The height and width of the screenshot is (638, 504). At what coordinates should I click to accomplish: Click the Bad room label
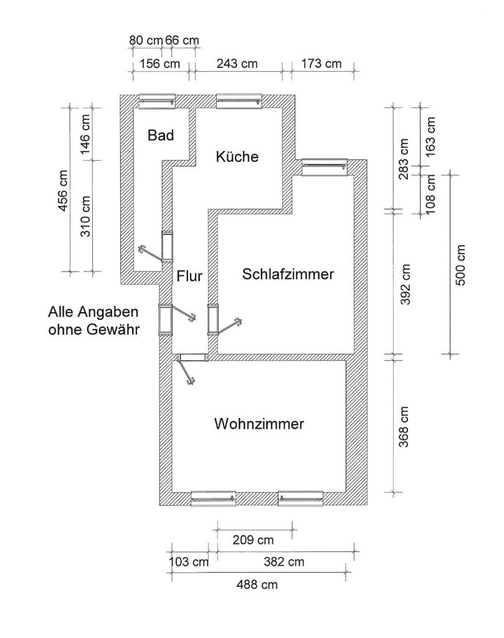[x=161, y=135]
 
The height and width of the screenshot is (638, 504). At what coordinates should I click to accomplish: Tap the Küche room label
[x=237, y=156]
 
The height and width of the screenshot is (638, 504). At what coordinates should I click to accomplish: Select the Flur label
[x=189, y=275]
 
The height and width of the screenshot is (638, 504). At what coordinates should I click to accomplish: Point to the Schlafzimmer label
[x=288, y=274]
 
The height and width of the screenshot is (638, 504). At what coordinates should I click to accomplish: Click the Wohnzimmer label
[x=259, y=424]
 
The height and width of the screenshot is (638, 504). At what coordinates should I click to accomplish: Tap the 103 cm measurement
[x=189, y=561]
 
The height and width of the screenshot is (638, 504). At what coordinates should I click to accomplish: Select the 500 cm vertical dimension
[x=461, y=265]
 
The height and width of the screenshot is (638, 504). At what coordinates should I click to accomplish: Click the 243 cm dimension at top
[x=237, y=64]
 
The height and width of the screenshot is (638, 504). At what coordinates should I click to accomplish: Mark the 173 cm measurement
[x=321, y=64]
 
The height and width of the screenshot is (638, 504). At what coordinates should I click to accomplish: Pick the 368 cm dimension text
[x=405, y=427]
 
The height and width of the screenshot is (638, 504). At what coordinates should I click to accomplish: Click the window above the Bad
[x=156, y=100]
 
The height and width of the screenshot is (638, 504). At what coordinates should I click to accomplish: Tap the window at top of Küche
[x=240, y=100]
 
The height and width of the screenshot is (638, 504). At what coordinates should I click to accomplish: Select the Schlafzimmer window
[x=323, y=166]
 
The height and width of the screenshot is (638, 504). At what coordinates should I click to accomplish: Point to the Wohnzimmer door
[x=187, y=371]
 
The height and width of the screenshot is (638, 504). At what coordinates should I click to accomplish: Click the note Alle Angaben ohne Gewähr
[x=93, y=320]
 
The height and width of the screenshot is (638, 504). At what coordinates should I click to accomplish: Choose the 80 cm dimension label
[x=145, y=40]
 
